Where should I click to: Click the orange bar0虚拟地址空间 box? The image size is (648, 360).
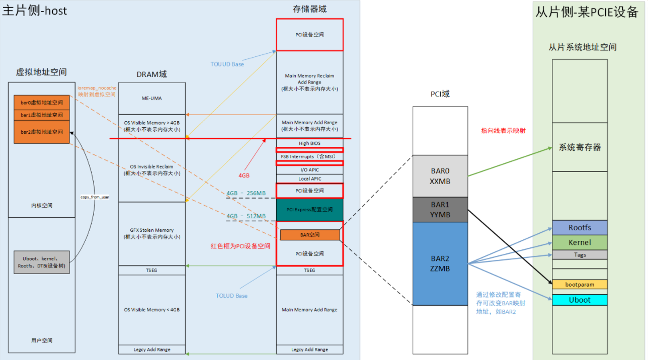coord(42,102)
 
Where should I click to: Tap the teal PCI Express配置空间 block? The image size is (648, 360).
coord(309,210)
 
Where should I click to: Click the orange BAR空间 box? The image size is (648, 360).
coord(309,235)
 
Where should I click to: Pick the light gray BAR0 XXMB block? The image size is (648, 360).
coord(440,176)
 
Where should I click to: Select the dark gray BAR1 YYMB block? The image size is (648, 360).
coord(440,210)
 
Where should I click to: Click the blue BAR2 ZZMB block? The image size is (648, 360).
coord(440,263)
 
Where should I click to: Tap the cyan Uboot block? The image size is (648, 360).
coord(580,300)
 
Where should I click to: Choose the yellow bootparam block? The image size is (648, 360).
coord(580,285)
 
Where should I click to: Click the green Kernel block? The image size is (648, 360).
coord(580,242)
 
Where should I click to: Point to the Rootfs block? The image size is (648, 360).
coord(580,228)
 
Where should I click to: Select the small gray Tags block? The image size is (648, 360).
coord(580,255)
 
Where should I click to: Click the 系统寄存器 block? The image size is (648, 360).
coord(580,147)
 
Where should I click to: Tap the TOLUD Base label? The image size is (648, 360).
coord(231,296)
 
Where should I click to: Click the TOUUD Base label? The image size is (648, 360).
coord(227,64)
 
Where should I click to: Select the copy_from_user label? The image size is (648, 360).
coord(95,197)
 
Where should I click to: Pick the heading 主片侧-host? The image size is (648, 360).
coord(34,11)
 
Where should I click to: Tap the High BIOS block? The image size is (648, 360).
coord(309,143)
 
